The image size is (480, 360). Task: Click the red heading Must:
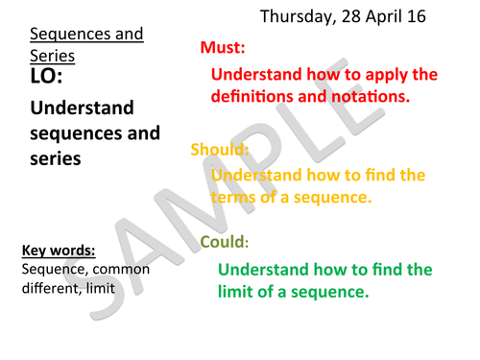tap(223, 47)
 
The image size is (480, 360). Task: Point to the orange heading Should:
tap(220, 150)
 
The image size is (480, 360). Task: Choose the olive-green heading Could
tap(224, 243)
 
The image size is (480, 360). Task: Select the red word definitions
tap(252, 97)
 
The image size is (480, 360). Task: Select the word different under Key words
tap(49, 287)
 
